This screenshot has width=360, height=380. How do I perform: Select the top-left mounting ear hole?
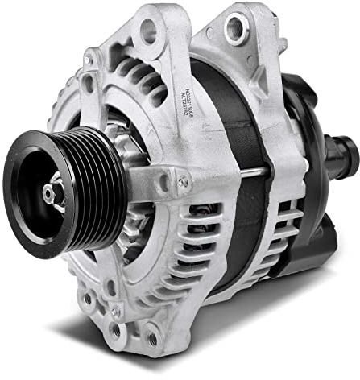click(x=148, y=31)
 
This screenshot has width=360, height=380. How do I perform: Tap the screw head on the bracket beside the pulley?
click(x=183, y=183)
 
